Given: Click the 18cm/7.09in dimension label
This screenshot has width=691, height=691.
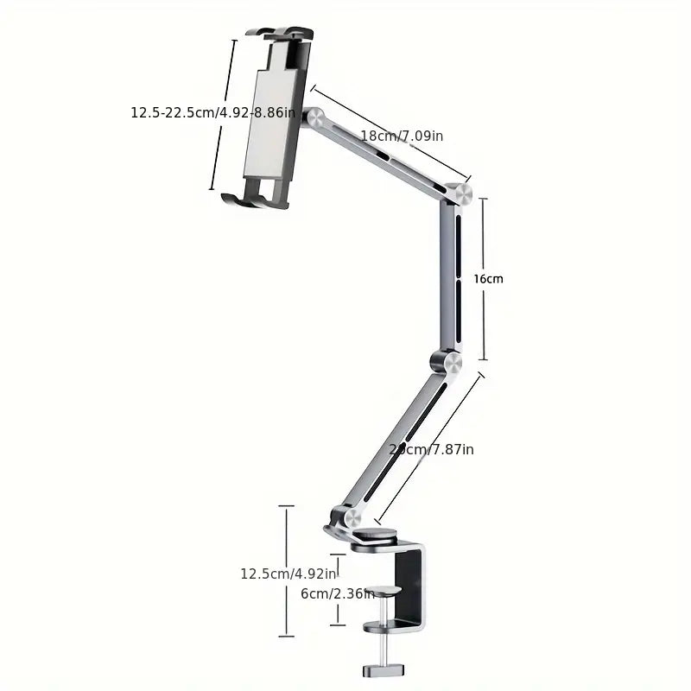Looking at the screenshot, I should click(x=402, y=136).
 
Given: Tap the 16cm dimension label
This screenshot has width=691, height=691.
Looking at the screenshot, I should click(x=488, y=279).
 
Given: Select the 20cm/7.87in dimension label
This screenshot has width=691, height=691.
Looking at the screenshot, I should click(x=431, y=449).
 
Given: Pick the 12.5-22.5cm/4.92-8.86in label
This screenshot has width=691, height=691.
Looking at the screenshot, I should click(x=213, y=112).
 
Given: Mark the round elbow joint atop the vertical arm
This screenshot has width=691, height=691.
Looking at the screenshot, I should click(x=461, y=193).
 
